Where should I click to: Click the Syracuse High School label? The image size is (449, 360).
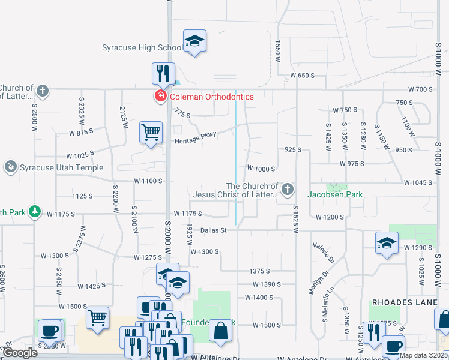pyautogui.click(x=142, y=48)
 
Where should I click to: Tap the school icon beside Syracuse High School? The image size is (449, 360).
pyautogui.click(x=194, y=41)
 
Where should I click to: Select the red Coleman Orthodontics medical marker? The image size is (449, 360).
pyautogui.click(x=160, y=97)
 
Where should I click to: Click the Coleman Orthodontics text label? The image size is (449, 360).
pyautogui.click(x=211, y=97)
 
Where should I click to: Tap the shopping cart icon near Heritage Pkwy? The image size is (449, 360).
pyautogui.click(x=151, y=132)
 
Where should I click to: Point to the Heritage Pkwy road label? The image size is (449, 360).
pyautogui.click(x=195, y=141)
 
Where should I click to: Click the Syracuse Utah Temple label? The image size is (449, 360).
pyautogui.click(x=62, y=168)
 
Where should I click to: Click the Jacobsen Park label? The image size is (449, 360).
pyautogui.click(x=334, y=194)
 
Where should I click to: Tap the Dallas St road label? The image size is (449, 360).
pyautogui.click(x=213, y=230)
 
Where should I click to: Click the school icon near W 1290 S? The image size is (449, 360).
pyautogui.click(x=387, y=243)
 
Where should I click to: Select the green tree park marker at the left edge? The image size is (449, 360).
pyautogui.click(x=35, y=211)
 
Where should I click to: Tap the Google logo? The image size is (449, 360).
pyautogui.click(x=20, y=353)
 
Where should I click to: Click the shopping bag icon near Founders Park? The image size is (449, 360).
pyautogui.click(x=221, y=331)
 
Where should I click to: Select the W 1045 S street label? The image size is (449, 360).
pyautogui.click(x=418, y=182)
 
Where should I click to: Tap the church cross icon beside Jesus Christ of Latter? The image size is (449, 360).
pyautogui.click(x=288, y=191)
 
